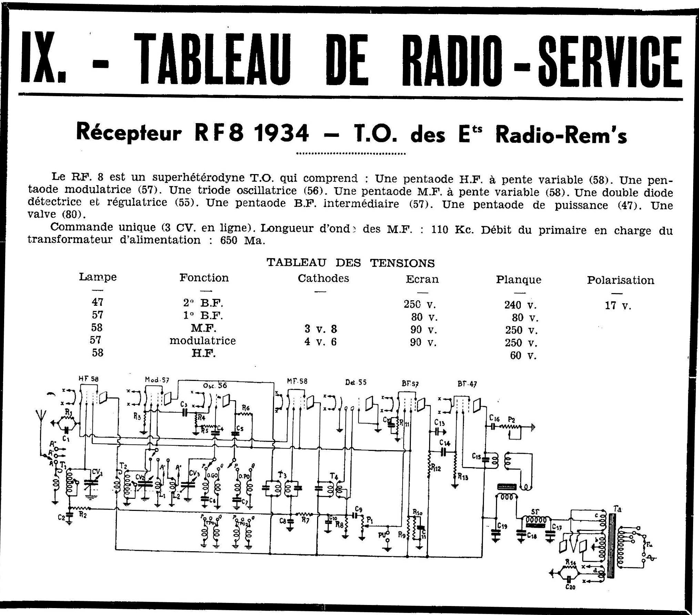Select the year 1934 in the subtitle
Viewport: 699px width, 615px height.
point(281,134)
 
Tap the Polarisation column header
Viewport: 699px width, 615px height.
point(620,280)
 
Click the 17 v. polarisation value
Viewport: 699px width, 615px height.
point(618,305)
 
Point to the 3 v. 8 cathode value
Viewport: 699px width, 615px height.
point(321,329)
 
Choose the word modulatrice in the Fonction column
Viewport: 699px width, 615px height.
point(203,341)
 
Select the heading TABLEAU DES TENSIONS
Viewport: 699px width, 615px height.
point(351,263)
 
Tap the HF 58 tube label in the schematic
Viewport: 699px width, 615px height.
point(88,379)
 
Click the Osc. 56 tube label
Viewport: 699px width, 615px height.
point(215,385)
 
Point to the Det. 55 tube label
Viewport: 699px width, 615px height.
point(356,382)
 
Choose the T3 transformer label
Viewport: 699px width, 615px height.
point(282,475)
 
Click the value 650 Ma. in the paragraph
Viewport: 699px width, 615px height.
point(243,240)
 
